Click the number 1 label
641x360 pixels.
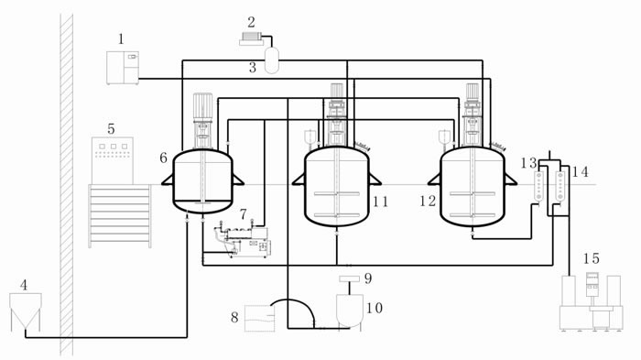121,39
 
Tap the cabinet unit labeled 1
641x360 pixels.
123,68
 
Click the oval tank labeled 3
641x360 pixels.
272,60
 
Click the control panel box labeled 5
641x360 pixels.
113,160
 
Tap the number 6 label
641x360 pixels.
164,158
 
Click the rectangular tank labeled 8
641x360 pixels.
259,318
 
